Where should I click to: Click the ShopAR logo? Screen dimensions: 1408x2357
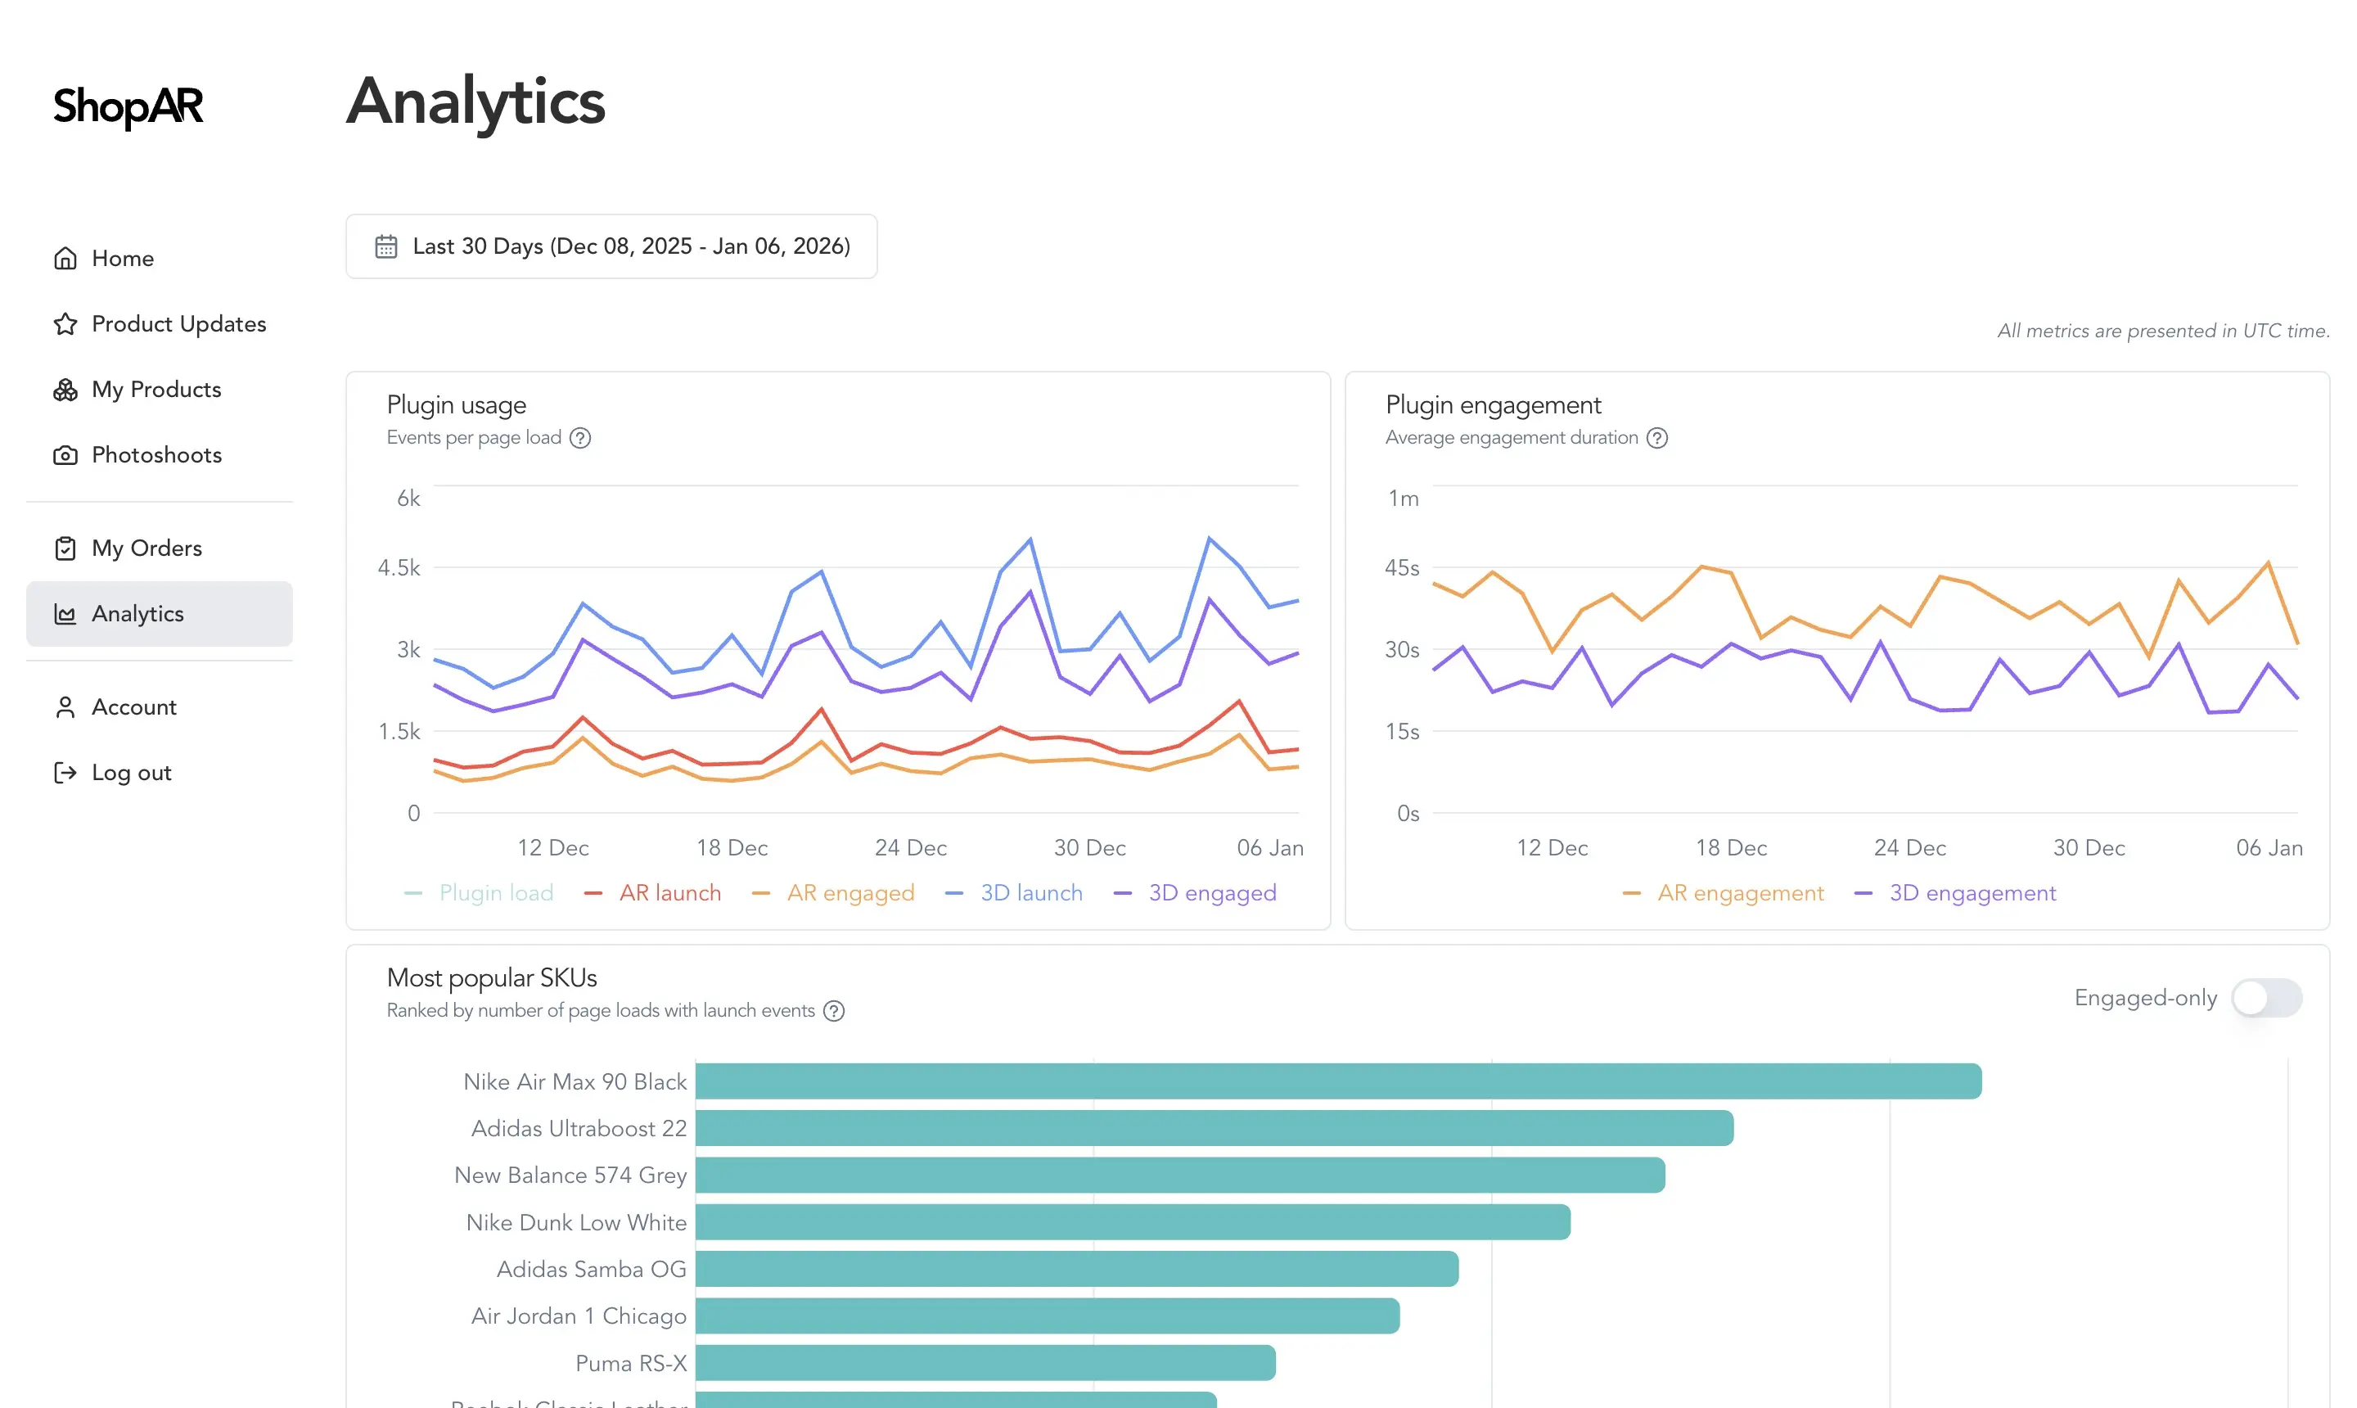coord(128,106)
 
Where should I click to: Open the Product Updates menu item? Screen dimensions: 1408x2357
coord(178,323)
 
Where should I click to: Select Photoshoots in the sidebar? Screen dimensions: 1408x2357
coord(156,454)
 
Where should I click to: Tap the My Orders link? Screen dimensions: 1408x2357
coord(146,548)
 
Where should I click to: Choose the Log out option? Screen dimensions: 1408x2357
coord(131,772)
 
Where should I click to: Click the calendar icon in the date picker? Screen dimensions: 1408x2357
coord(386,246)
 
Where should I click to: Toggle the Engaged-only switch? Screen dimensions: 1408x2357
coord(2266,997)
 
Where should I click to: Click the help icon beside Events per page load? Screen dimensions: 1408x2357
coord(580,437)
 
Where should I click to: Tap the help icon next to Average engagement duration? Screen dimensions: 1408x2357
coord(1657,437)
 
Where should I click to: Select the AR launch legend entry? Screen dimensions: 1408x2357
coord(669,893)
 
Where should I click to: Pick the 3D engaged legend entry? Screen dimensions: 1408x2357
coord(1211,893)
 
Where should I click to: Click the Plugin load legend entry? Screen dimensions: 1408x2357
coord(495,893)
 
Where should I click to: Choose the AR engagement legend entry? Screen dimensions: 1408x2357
coord(1740,893)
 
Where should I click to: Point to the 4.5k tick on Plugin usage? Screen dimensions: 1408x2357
coord(399,567)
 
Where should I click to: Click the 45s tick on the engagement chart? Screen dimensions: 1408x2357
coord(1401,567)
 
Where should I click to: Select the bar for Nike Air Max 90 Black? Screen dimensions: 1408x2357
coord(1337,1081)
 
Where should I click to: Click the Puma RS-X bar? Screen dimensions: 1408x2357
coord(985,1362)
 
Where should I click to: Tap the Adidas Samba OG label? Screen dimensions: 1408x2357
coord(591,1269)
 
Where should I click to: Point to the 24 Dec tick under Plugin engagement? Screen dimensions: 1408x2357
coord(1909,847)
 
